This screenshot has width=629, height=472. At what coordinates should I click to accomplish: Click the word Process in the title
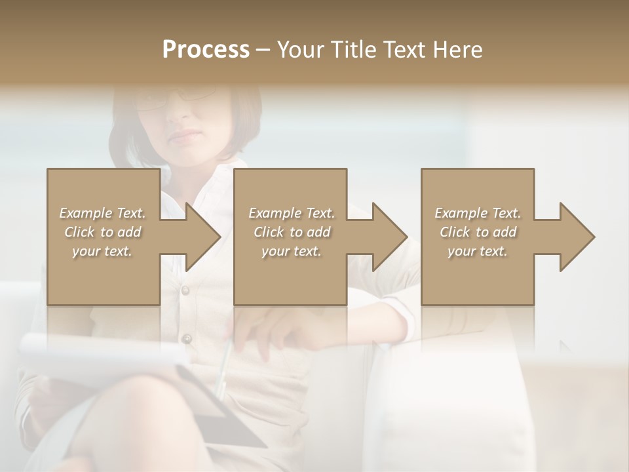coord(206,50)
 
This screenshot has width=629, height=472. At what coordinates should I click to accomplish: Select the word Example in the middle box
coord(275,213)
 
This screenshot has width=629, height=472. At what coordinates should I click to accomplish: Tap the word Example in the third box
coord(461,213)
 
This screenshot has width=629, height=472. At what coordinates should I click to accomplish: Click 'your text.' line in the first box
coord(102,251)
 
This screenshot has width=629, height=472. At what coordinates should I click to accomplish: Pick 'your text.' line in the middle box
coord(291,251)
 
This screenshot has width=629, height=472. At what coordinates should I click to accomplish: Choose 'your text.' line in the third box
coord(477,251)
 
